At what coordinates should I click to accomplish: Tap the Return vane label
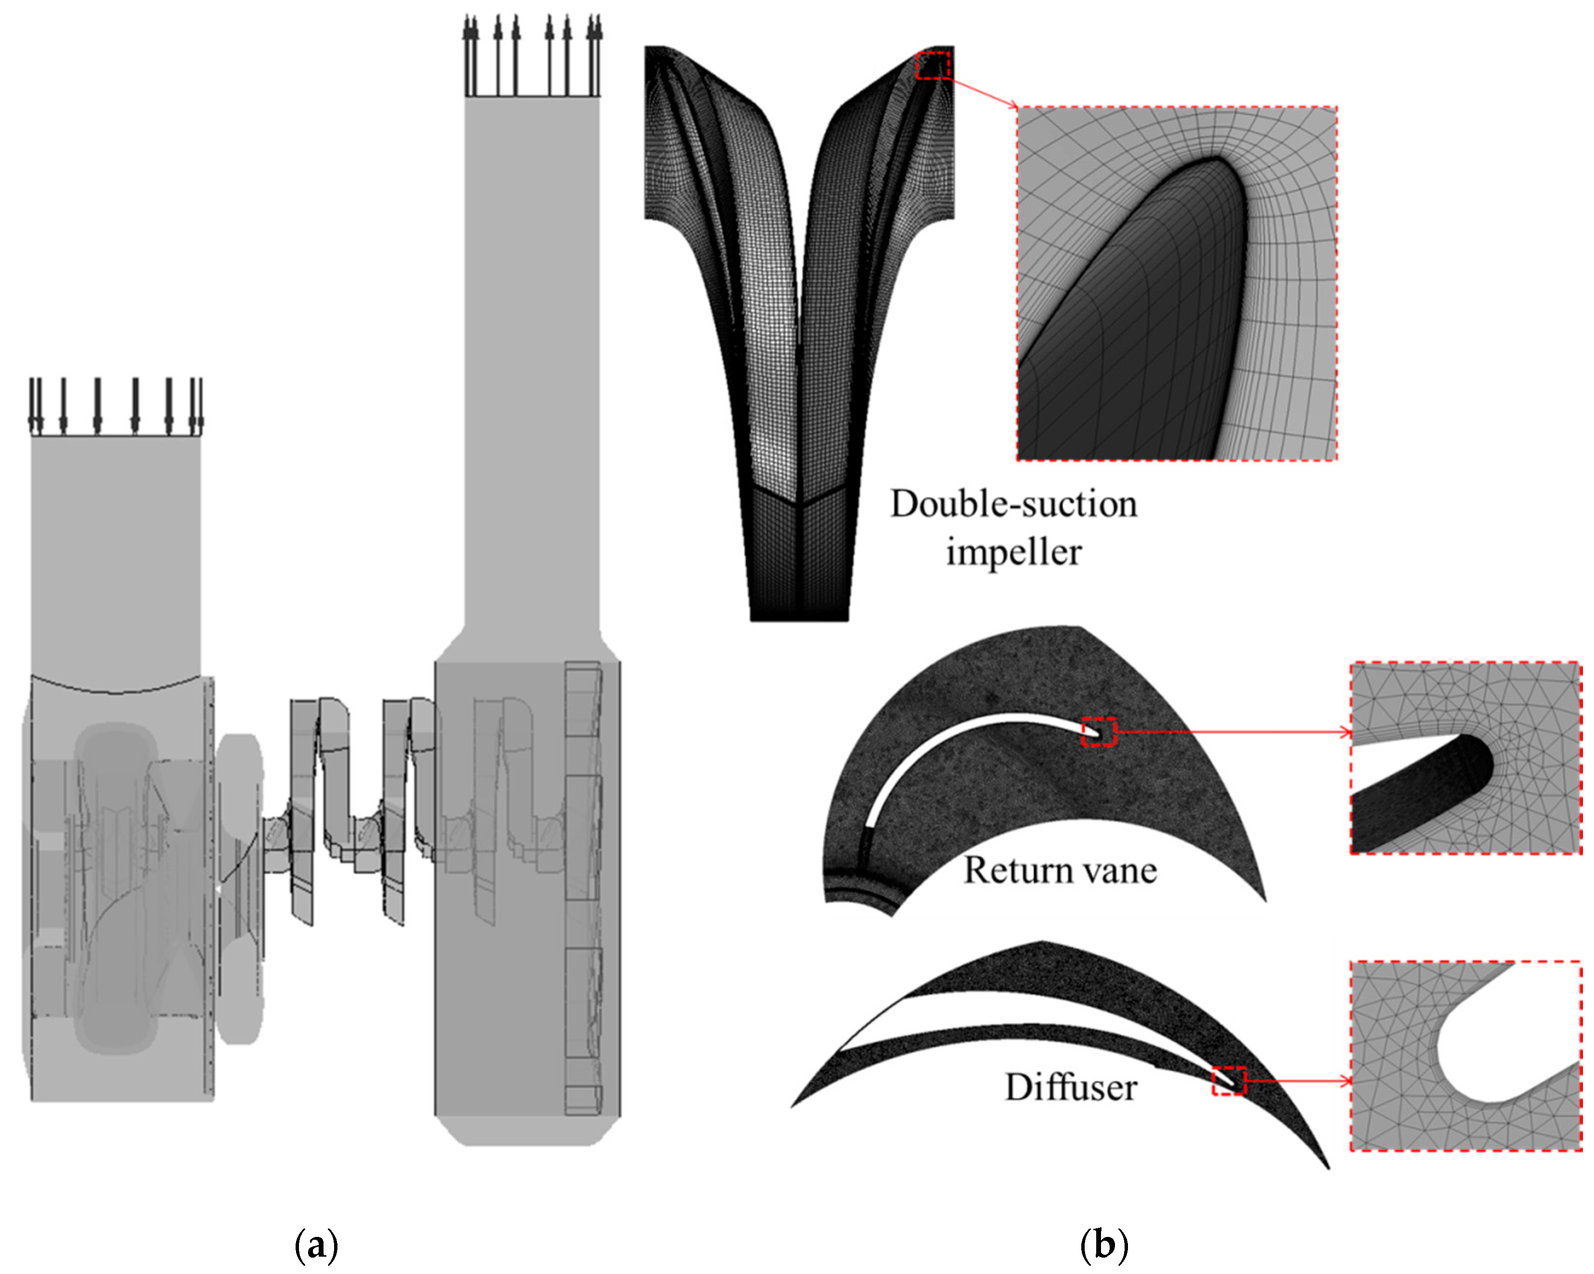[1060, 871]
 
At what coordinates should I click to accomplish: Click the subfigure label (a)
[316, 1245]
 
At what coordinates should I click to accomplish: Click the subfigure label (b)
[1104, 1245]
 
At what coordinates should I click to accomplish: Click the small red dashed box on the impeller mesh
[933, 65]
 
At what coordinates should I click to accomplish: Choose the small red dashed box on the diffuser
[1229, 1081]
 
